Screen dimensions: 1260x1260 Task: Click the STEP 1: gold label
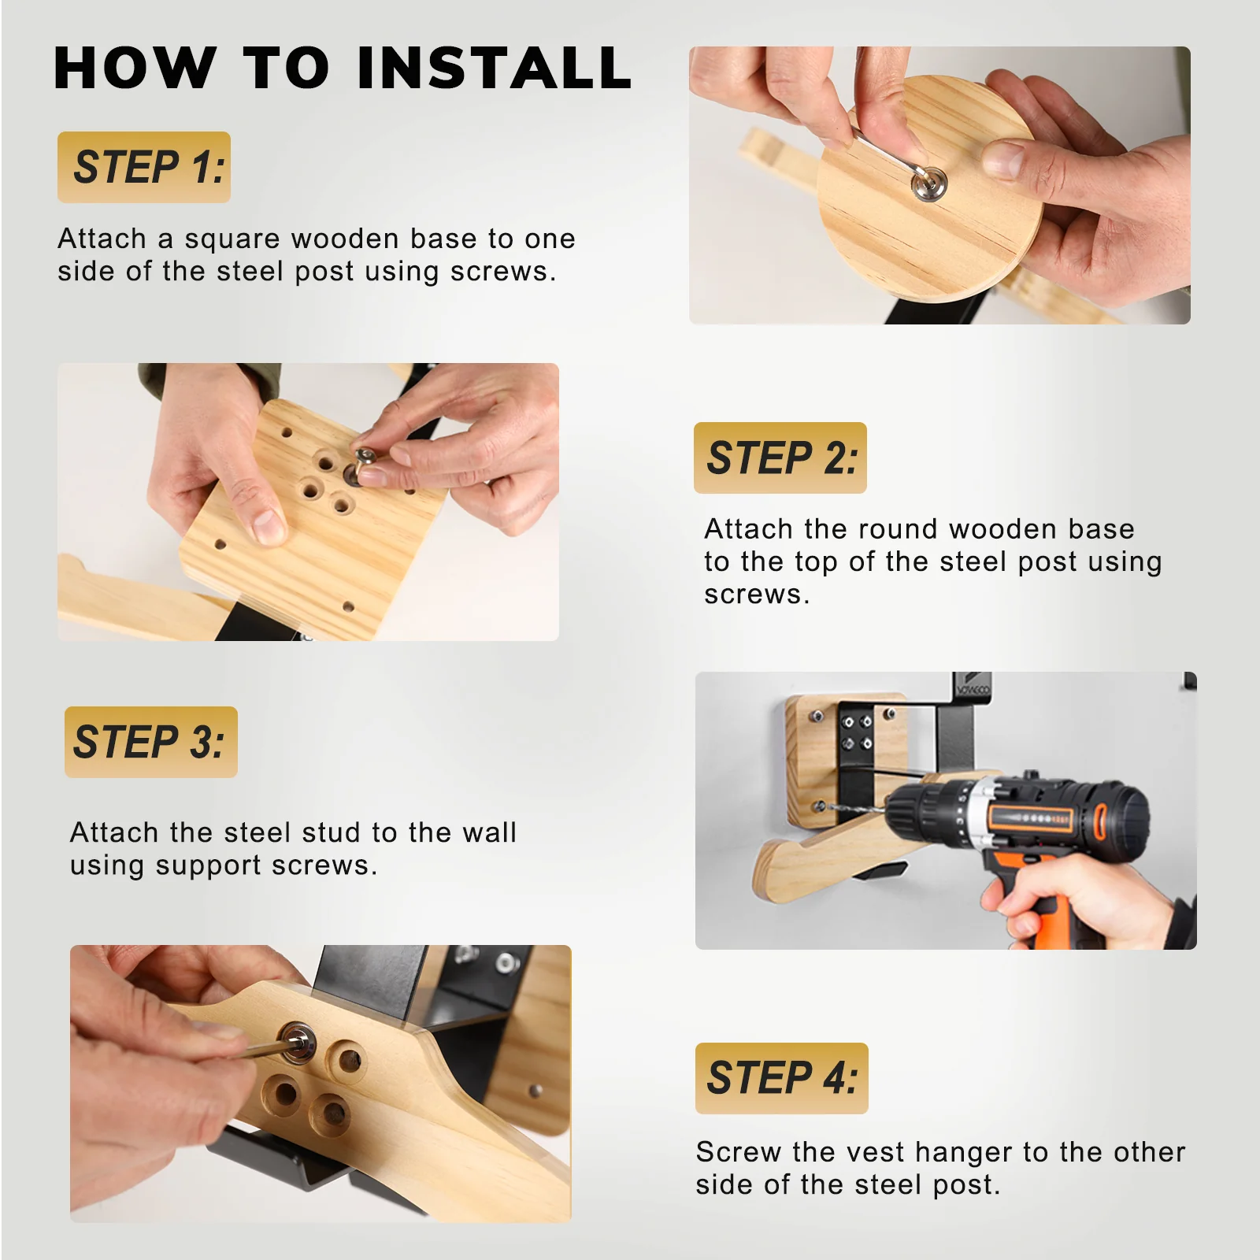pos(144,167)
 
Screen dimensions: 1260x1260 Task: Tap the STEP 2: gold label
pos(780,458)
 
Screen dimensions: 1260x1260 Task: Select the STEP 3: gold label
pos(151,742)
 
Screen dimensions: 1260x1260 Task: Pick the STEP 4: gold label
pos(782,1078)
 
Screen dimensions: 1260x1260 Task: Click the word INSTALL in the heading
pos(495,68)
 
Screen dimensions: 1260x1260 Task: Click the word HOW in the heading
pos(135,68)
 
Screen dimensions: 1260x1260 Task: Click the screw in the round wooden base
pos(929,184)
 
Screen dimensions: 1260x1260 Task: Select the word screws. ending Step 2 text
pos(757,595)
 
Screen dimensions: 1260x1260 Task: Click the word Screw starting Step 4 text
pos(740,1152)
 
